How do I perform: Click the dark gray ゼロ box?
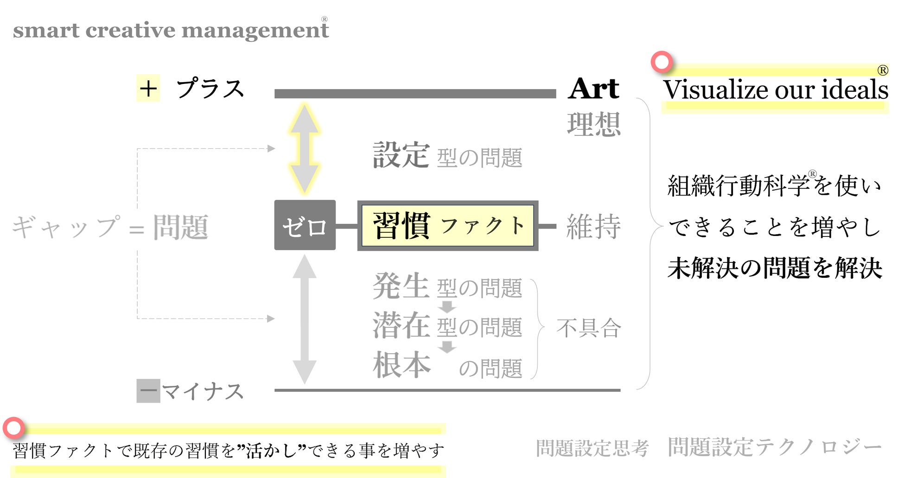(305, 225)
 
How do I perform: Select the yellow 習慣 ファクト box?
(447, 226)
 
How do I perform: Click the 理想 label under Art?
(594, 124)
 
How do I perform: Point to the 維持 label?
(593, 226)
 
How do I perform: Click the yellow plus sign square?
(148, 88)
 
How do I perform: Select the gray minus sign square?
(148, 391)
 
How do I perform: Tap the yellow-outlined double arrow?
(304, 148)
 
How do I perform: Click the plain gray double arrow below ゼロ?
(304, 319)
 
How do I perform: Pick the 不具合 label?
(589, 328)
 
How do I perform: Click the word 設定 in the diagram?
(401, 155)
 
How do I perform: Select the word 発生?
(401, 286)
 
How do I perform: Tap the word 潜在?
(401, 325)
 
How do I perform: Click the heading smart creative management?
(171, 30)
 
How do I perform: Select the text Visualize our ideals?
(775, 89)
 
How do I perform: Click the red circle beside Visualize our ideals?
(662, 62)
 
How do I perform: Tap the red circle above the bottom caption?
(14, 428)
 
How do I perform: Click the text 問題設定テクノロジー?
(774, 447)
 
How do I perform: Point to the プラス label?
(210, 88)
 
